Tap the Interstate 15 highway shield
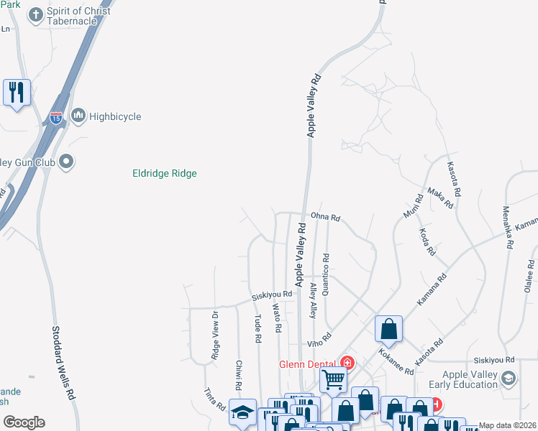click(x=56, y=118)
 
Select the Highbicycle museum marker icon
click(x=78, y=116)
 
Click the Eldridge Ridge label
click(x=165, y=173)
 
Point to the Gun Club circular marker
click(x=67, y=162)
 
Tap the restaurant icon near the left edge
click(x=16, y=92)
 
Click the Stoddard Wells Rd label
click(x=63, y=363)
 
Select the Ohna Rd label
click(x=325, y=217)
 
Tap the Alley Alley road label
click(x=312, y=300)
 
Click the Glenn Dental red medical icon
click(x=348, y=363)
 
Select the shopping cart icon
click(x=333, y=378)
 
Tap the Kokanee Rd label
click(x=396, y=362)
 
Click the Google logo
click(x=24, y=422)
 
